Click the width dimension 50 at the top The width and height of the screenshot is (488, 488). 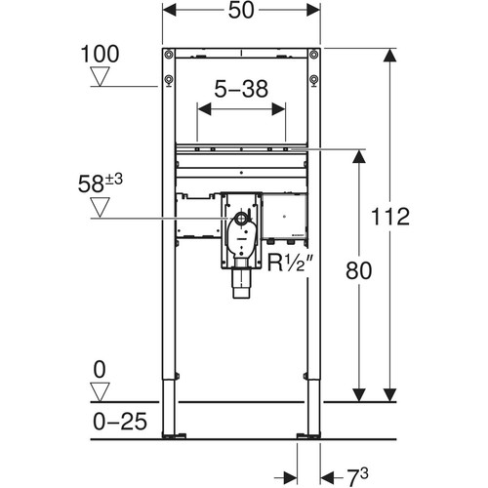click(241, 10)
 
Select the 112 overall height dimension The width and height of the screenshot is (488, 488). click(390, 217)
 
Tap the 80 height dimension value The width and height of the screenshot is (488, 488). click(358, 270)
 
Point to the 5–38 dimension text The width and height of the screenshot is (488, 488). click(241, 89)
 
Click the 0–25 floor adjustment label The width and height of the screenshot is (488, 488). click(120, 422)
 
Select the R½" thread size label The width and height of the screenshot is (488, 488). click(290, 263)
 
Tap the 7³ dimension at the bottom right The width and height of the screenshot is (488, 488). click(356, 477)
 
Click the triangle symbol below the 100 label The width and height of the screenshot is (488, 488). click(100, 76)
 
